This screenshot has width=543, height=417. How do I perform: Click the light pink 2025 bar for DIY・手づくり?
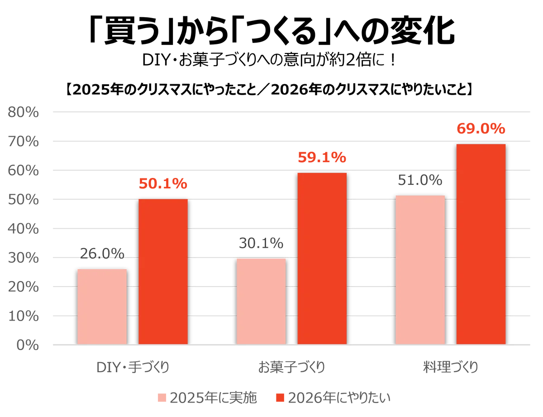(x=102, y=307)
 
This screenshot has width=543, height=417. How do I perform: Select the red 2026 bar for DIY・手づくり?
(x=163, y=272)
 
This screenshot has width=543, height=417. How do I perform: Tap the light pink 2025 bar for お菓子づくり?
(x=261, y=301)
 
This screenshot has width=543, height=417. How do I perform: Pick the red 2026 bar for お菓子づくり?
(x=322, y=259)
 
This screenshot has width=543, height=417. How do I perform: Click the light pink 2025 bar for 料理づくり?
(x=420, y=270)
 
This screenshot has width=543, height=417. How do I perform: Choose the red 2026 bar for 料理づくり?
(x=481, y=244)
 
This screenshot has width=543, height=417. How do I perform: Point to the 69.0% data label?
(x=481, y=129)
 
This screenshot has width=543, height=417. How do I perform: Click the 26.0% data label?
(x=102, y=254)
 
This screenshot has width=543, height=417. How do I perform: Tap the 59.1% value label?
(x=322, y=158)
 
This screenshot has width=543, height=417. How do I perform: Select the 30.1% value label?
(x=261, y=243)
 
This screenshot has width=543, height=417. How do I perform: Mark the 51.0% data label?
(x=420, y=180)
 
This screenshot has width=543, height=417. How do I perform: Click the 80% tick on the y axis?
(x=23, y=112)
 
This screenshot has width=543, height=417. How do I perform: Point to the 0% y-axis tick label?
(x=28, y=345)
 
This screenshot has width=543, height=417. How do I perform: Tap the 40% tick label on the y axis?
(x=23, y=229)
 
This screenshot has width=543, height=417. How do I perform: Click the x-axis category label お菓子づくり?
(x=291, y=367)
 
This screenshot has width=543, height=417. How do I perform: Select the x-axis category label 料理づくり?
(x=451, y=367)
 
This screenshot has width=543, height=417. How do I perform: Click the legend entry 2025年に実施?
(x=207, y=398)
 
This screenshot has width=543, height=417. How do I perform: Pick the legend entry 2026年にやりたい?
(x=333, y=398)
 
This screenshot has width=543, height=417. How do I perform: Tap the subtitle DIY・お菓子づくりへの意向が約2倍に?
(x=269, y=60)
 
